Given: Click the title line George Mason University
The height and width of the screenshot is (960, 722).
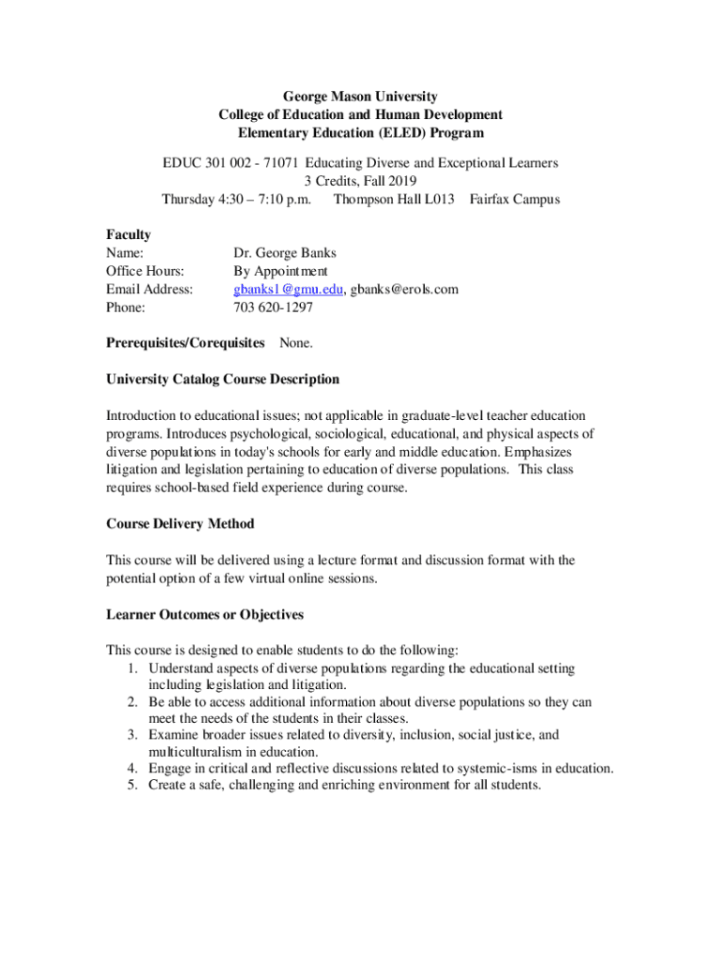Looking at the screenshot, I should [361, 96].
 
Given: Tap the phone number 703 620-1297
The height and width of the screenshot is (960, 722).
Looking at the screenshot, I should [273, 307].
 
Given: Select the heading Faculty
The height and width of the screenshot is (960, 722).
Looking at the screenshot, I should [128, 234].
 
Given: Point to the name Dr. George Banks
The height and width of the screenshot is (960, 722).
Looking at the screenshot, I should [284, 253].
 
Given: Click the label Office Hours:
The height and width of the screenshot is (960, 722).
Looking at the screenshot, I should [145, 271].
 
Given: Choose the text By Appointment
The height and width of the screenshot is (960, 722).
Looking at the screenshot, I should [280, 271].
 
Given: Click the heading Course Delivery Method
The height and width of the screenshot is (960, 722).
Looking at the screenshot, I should [180, 523].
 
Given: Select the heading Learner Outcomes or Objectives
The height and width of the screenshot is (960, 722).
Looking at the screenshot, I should [204, 615].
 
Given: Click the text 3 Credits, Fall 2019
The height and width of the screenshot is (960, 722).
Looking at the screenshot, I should [361, 181].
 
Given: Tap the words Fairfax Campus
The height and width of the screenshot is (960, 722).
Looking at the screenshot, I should [515, 199].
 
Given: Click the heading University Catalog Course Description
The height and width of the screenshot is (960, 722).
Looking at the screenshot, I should [222, 380].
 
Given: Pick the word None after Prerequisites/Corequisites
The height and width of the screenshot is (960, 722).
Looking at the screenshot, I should [296, 343].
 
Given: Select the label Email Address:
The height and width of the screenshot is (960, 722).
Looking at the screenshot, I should [150, 289].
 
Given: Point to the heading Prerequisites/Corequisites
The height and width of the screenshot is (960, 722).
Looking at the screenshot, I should [185, 343].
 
